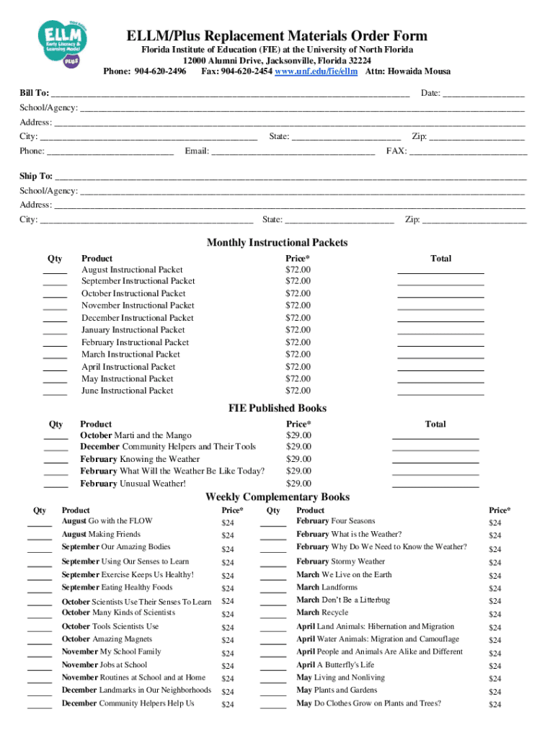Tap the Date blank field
(483, 94)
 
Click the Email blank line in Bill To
(292, 151)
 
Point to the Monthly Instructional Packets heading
(277, 242)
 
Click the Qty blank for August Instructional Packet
(55, 270)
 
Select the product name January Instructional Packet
(133, 330)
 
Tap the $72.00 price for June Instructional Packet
(298, 391)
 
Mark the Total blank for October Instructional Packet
(440, 294)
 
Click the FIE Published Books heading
(277, 408)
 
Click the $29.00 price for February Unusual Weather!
(298, 484)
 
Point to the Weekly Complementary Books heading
(277, 497)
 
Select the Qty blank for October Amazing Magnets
(40, 640)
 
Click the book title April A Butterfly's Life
(335, 664)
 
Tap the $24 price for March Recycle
(494, 615)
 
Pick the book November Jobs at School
(104, 664)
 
